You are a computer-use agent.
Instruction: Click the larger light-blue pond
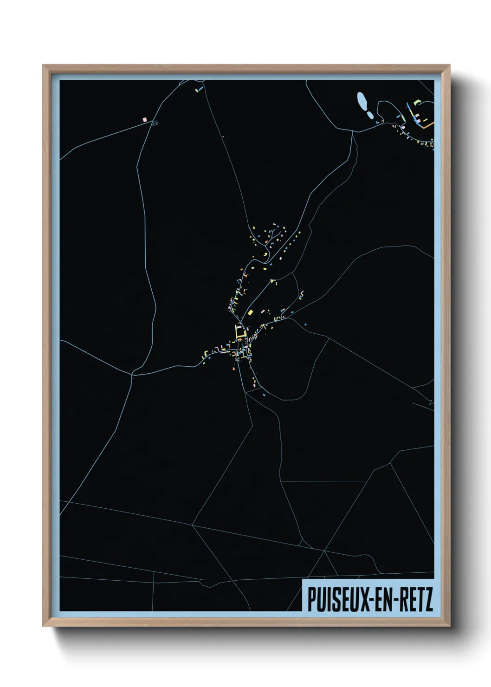click(x=362, y=100)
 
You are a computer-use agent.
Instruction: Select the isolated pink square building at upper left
click(x=144, y=120)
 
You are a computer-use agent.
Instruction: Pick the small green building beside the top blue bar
click(x=196, y=90)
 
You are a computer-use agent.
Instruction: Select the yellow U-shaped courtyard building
click(x=239, y=331)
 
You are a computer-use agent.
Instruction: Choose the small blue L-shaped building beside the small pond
click(x=378, y=122)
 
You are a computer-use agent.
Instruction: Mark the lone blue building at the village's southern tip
click(x=264, y=395)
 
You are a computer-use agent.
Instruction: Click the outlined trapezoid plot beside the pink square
click(x=155, y=123)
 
